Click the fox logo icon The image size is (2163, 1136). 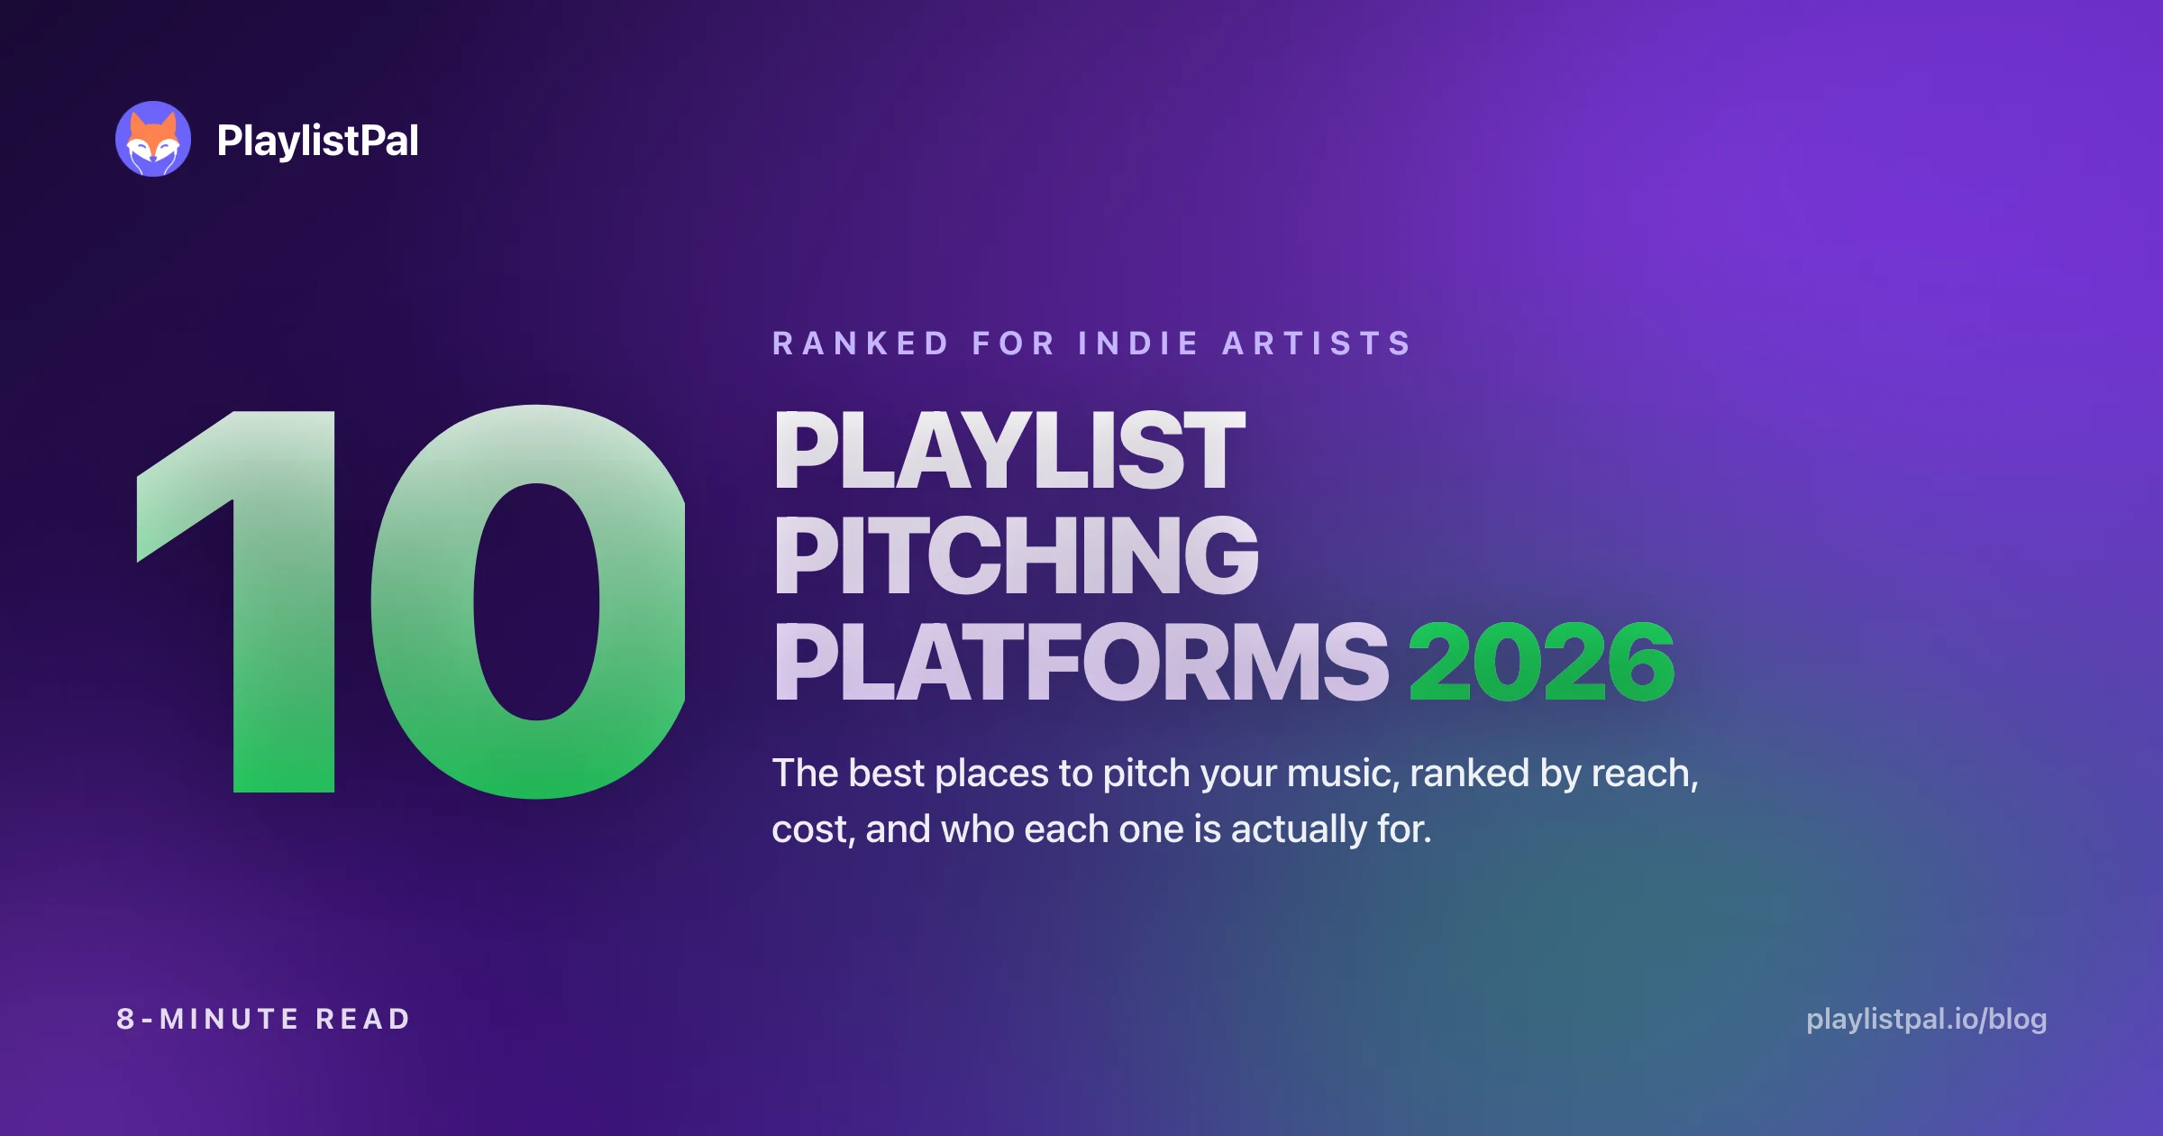(153, 139)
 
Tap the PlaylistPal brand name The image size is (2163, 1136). (317, 141)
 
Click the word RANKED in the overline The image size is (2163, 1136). (861, 344)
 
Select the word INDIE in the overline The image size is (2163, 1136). (1138, 344)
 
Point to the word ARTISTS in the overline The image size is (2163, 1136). (1317, 344)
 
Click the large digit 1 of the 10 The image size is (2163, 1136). (236, 601)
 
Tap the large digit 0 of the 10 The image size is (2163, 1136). (529, 601)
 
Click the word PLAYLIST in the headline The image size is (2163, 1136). (1009, 451)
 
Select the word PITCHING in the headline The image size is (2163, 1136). (1016, 555)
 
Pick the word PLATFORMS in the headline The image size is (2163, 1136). (1081, 662)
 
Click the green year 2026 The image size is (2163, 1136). (1542, 662)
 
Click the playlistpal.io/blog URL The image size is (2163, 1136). (1927, 1020)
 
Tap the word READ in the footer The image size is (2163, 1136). (362, 1020)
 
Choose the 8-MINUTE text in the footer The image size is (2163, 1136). (207, 1020)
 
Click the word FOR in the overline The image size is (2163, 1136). (1013, 344)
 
